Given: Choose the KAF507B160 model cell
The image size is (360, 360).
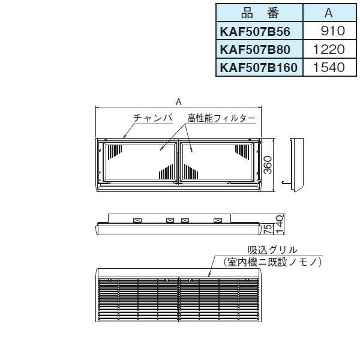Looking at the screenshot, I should tap(259, 67).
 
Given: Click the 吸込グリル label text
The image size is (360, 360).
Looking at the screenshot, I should tap(273, 250).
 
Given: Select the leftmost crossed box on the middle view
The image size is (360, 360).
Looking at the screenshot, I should tap(137, 220).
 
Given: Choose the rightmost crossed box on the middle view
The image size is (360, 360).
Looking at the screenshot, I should tap(217, 220).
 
